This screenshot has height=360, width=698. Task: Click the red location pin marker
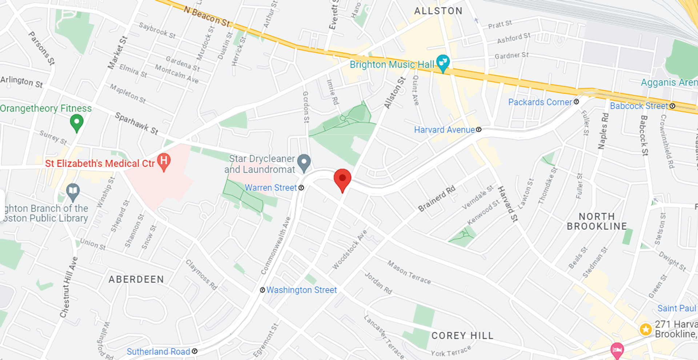342,179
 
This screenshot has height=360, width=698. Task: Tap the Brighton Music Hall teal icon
442,63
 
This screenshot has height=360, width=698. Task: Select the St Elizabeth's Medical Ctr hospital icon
164,161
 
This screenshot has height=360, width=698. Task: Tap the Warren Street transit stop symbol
301,188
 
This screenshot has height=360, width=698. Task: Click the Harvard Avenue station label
444,130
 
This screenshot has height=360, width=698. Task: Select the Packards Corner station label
540,102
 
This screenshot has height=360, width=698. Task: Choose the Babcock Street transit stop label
639,106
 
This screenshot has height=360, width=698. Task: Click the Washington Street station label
301,290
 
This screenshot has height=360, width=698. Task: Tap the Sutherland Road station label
158,352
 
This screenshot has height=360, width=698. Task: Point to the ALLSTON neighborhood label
438,11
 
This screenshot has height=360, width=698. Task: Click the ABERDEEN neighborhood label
136,279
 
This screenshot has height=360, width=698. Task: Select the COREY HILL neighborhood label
462,335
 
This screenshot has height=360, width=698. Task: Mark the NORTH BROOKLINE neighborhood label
597,221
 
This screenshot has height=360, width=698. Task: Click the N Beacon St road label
207,17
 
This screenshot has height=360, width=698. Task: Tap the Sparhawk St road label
137,124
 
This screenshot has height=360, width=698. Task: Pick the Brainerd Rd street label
437,199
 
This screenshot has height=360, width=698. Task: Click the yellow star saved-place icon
646,329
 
